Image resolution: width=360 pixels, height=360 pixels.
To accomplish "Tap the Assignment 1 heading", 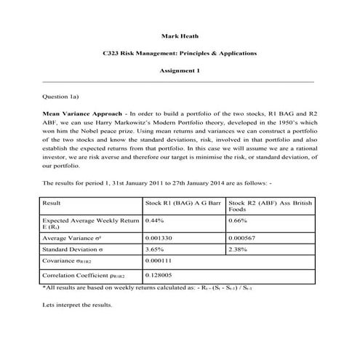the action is (179, 71).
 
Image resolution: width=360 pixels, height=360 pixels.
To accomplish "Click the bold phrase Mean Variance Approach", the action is (81, 114).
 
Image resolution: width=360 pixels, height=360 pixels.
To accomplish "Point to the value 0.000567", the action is (244, 237).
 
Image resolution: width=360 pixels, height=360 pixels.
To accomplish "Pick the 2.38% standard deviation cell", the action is (238, 249).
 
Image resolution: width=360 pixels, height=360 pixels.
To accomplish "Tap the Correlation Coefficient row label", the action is (84, 277).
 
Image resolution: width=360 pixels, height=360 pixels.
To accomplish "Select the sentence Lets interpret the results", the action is (78, 305).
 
